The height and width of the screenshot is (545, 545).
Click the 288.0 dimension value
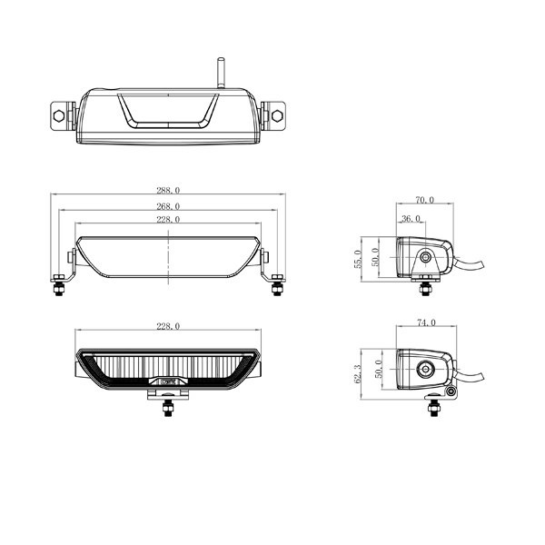pos(169,191)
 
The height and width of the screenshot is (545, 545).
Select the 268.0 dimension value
pos(169,206)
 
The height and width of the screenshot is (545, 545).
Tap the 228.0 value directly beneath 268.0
pos(169,220)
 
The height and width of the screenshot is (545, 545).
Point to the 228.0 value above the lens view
pos(169,325)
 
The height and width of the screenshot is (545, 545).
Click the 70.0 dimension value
pos(424,200)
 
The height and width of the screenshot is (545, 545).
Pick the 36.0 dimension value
pos(411,219)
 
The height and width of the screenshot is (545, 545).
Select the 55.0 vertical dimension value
pos(357,258)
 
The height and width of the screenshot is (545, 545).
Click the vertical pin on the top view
pos(219,72)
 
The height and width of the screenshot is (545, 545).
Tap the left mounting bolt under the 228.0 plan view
pos(58,285)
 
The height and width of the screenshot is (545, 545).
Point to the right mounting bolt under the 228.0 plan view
pos(276,285)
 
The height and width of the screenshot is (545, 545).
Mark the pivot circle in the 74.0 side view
pos(425,369)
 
